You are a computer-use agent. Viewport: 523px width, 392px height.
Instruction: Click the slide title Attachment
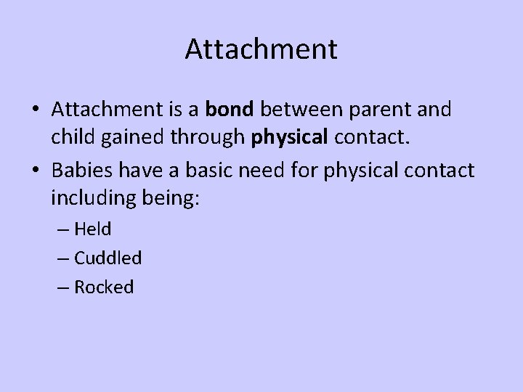point(261,49)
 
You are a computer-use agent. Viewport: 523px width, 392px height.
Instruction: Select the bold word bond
point(230,110)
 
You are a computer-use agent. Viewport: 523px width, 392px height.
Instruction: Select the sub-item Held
point(93,229)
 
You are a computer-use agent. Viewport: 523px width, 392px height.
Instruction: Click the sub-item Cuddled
point(108,258)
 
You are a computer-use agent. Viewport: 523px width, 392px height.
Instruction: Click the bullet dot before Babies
point(36,171)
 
